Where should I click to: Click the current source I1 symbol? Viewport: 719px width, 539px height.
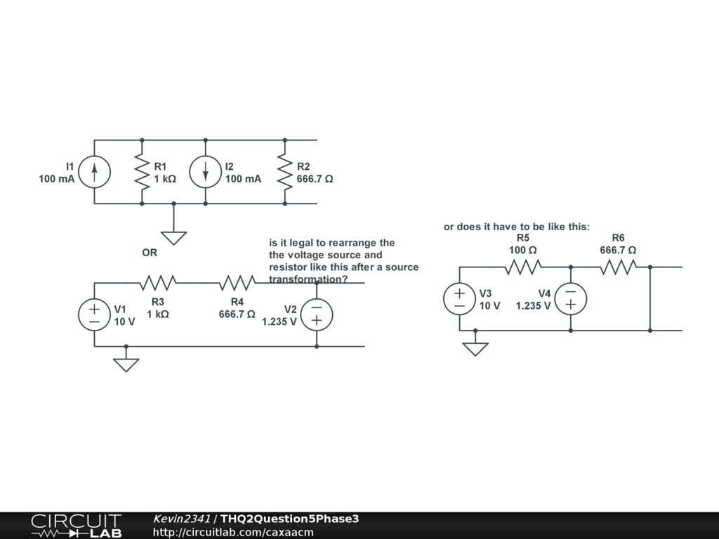(x=94, y=172)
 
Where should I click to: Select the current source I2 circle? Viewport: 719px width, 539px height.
(x=205, y=172)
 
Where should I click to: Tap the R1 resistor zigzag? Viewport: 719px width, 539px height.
(x=142, y=172)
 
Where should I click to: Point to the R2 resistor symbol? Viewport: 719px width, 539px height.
(x=284, y=172)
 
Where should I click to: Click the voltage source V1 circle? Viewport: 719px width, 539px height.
(x=94, y=314)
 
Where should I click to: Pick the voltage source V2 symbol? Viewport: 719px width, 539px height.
(x=317, y=314)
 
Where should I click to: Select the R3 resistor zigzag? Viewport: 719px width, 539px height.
(x=157, y=283)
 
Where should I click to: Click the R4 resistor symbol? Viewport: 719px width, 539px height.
(x=237, y=283)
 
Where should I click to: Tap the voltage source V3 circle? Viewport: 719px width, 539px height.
(x=459, y=298)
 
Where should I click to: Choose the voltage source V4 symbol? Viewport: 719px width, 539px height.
(x=571, y=298)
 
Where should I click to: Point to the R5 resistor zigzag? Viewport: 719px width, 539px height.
(x=523, y=267)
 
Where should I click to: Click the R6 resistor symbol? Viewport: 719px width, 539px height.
(x=618, y=267)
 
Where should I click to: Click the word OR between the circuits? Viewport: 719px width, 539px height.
(x=150, y=253)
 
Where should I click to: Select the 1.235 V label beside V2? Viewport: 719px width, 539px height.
(x=279, y=322)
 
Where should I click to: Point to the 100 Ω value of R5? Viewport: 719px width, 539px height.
(x=523, y=250)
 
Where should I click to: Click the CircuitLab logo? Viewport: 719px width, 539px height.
(x=76, y=525)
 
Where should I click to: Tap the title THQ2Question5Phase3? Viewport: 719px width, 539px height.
(x=290, y=519)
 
